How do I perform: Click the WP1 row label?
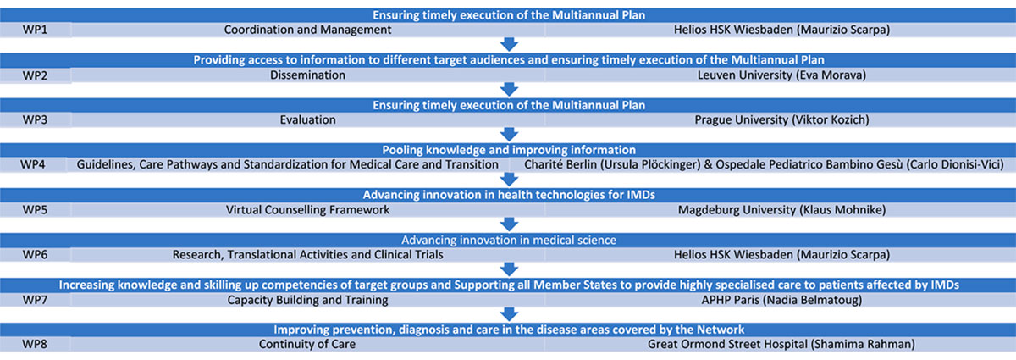tap(35, 30)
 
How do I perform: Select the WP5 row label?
tap(35, 210)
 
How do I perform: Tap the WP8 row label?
tap(35, 345)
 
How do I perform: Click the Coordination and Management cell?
tap(307, 30)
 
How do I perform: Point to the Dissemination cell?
tap(307, 75)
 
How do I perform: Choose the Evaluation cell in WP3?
tap(307, 119)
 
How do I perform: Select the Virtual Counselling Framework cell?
tap(307, 210)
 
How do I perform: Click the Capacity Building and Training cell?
tap(307, 300)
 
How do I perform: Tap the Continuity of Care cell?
tap(307, 345)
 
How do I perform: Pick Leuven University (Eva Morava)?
tap(781, 75)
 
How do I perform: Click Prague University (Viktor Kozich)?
tap(781, 119)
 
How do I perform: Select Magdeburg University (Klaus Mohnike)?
tap(781, 210)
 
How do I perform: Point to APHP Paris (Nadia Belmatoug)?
tap(781, 300)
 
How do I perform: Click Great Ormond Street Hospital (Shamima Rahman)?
tap(781, 345)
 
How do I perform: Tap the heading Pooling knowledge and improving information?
tap(509, 150)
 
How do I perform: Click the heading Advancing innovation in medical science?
tap(509, 241)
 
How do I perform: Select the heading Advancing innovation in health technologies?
tap(509, 195)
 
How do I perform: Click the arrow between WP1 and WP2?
tap(509, 45)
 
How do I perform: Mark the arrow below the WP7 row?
tap(509, 314)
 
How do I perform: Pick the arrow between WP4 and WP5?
tap(509, 180)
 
